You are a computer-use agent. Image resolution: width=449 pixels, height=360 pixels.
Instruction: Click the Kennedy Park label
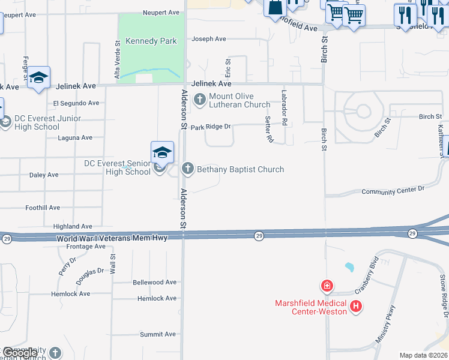tap(151, 41)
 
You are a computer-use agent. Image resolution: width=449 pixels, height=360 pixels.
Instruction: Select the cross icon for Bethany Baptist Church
tap(188, 169)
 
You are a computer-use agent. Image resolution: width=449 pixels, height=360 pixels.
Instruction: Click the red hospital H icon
tap(356, 307)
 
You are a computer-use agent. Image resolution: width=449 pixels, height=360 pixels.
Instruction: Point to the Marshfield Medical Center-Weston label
tap(311, 307)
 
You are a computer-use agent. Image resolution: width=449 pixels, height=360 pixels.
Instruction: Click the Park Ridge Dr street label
tap(211, 127)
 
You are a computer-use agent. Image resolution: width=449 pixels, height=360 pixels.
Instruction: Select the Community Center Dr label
tap(393, 191)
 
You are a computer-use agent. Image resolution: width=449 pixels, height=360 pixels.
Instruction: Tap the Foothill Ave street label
tap(43, 208)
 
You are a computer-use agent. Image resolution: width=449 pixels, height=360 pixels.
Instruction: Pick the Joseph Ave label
tap(208, 39)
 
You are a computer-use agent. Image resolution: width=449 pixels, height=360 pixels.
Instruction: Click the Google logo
tap(20, 353)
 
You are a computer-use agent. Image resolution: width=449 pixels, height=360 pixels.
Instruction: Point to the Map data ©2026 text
tap(423, 355)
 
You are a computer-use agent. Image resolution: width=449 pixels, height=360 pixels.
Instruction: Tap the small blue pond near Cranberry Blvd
tap(349, 266)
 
